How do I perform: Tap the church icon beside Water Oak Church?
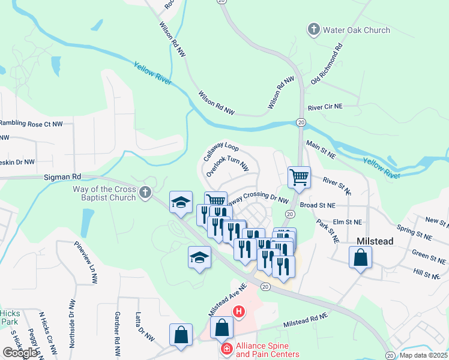[x=313, y=29]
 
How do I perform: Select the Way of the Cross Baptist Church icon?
[x=144, y=193]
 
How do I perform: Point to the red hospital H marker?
[x=238, y=311]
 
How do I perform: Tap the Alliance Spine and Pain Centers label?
[x=267, y=350]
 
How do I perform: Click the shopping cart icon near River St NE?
[x=299, y=178]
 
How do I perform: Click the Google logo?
[x=20, y=352]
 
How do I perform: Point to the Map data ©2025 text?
[x=423, y=355]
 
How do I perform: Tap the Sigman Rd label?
[x=62, y=177]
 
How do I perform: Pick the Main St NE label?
[x=321, y=149]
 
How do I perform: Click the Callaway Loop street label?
[x=220, y=154]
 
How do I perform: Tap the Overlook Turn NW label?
[x=227, y=164]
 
